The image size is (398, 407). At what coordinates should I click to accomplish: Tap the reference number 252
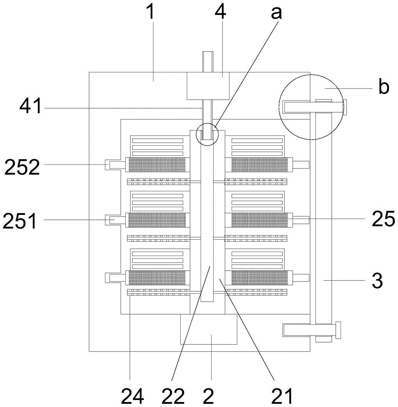pyautogui.click(x=22, y=167)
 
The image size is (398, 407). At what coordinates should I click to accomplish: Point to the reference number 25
pyautogui.click(x=383, y=219)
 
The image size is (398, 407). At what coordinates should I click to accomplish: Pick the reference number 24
pyautogui.click(x=132, y=396)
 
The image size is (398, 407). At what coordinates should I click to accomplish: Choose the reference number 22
pyautogui.click(x=173, y=396)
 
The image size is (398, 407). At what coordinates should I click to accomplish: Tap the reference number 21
pyautogui.click(x=282, y=396)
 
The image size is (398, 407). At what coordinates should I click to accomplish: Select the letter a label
pyautogui.click(x=276, y=13)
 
